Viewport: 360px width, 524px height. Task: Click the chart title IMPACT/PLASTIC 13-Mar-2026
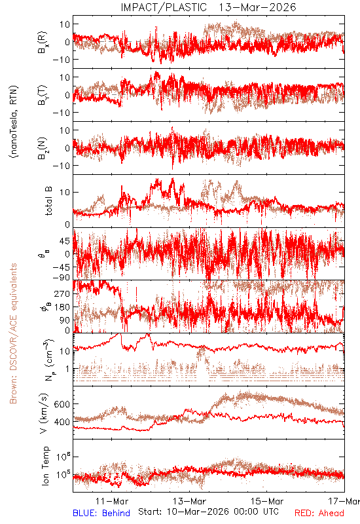(208, 7)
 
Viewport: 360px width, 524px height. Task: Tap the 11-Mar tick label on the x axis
(112, 501)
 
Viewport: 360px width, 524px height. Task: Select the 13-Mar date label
(189, 501)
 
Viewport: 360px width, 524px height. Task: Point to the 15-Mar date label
(267, 501)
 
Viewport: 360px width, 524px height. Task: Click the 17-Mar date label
(344, 501)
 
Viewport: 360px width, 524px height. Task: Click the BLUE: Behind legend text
(101, 513)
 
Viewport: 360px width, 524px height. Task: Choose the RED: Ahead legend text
(319, 513)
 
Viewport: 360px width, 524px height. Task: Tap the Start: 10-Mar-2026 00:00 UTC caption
(208, 512)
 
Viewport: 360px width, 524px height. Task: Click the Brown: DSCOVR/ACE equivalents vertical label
(13, 333)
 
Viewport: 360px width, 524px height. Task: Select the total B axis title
(48, 201)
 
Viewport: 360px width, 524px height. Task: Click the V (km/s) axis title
(44, 413)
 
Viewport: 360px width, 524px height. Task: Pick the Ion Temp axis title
(45, 466)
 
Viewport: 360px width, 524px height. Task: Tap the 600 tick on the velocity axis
(62, 404)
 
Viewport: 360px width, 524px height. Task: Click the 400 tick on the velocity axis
(62, 422)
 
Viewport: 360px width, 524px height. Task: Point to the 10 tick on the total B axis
(65, 193)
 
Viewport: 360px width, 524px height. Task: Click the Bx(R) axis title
(43, 43)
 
